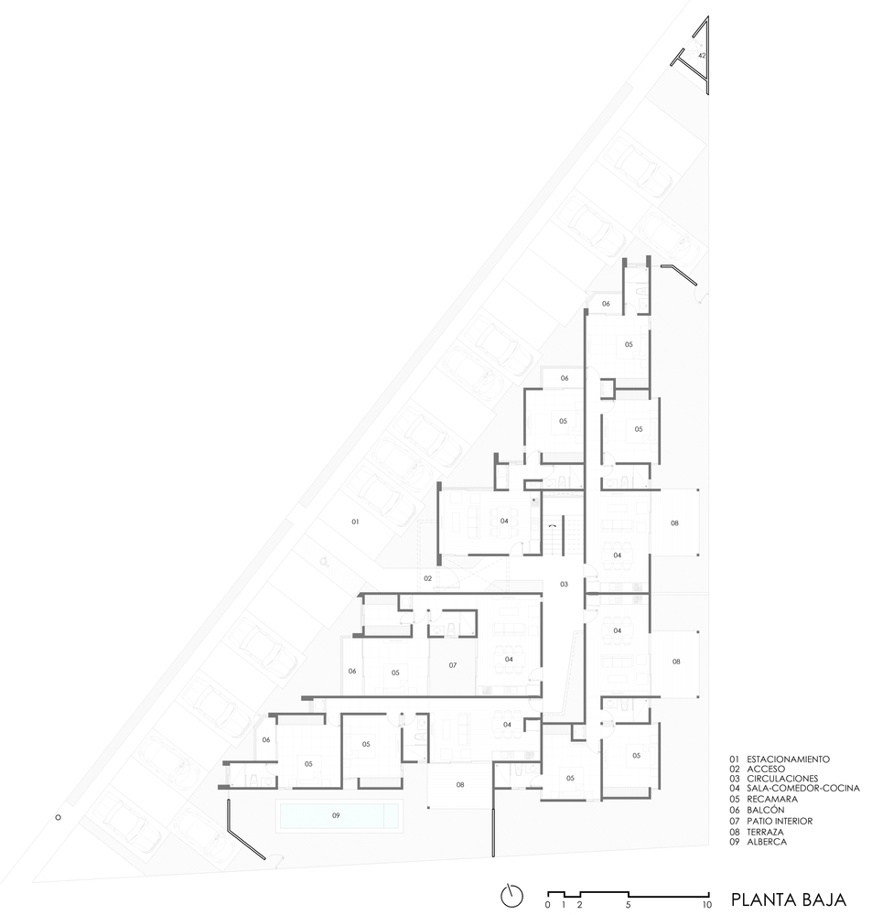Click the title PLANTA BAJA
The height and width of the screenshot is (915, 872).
tap(788, 899)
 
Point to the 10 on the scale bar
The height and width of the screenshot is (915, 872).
tap(706, 905)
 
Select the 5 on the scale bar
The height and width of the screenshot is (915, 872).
tap(628, 905)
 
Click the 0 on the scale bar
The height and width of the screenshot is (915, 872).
tap(547, 905)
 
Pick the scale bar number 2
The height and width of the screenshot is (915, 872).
tap(579, 905)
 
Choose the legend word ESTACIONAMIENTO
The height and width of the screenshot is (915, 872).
tap(788, 759)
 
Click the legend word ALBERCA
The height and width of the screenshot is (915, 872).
tap(767, 842)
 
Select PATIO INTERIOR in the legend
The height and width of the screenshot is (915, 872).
tap(780, 821)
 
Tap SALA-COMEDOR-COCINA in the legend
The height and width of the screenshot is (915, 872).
tap(803, 788)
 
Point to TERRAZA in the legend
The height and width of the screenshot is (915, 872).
tap(765, 832)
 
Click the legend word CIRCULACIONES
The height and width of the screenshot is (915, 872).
tap(782, 779)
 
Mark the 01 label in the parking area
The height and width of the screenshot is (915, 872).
tap(355, 522)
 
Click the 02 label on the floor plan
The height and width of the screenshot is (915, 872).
tap(428, 578)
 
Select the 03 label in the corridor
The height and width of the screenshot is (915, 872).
tap(564, 584)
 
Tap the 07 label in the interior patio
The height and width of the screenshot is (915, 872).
tap(452, 664)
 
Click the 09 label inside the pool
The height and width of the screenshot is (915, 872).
tap(336, 815)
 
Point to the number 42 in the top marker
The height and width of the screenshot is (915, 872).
tap(702, 56)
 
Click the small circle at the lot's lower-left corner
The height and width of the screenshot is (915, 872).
tap(58, 817)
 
